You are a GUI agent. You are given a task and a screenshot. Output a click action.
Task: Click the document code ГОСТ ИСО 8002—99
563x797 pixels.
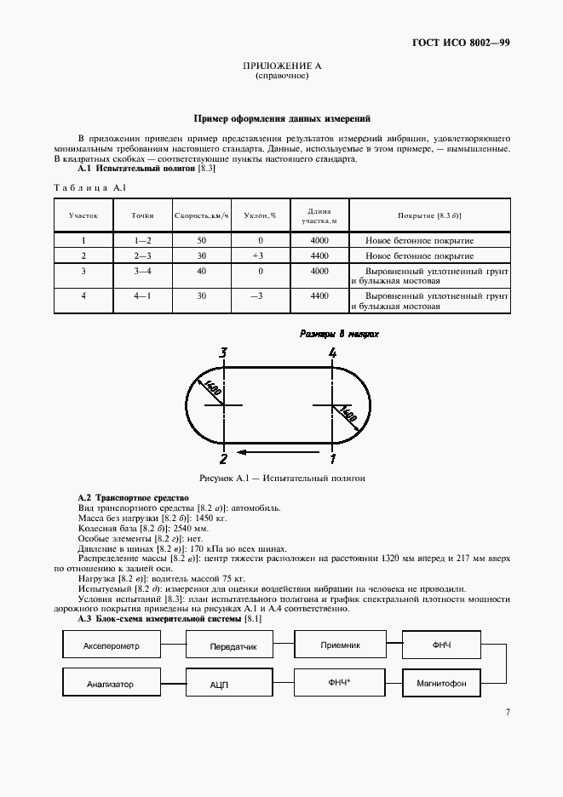coord(462,42)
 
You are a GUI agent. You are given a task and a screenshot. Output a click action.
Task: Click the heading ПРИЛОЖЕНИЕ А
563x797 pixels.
coord(281,66)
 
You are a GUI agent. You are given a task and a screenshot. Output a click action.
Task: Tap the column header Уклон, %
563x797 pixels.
coord(258,215)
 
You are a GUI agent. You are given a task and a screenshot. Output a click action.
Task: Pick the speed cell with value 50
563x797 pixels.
coord(201,241)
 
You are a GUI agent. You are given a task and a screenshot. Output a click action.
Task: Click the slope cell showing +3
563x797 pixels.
coord(258,255)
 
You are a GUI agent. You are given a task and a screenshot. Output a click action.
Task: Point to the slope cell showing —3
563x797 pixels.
coord(258,295)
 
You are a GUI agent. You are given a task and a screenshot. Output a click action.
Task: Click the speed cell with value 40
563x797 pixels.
coord(201,271)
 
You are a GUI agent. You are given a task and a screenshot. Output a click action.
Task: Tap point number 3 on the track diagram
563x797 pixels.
coord(223,353)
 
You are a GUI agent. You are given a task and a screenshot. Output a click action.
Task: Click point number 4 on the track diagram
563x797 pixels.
coord(333,353)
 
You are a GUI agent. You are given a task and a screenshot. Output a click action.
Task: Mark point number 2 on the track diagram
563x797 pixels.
coord(223,459)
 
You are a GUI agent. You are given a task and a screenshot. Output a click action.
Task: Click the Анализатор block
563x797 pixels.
coord(112,683)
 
